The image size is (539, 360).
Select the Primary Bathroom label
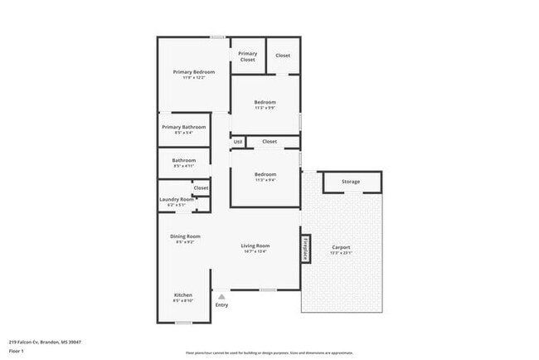click(183, 127)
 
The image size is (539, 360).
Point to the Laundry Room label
click(176, 199)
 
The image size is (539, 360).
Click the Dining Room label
click(185, 236)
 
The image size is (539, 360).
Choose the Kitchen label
click(182, 295)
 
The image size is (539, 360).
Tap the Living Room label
click(255, 246)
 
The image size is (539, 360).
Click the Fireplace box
click(305, 249)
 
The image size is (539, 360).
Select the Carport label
click(341, 247)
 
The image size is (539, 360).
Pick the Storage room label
click(351, 182)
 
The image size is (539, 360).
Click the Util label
click(237, 142)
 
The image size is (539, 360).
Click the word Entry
click(221, 304)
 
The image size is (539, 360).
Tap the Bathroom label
click(183, 160)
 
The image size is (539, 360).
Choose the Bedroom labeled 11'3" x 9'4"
click(265, 174)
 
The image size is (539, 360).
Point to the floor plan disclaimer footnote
click(269, 352)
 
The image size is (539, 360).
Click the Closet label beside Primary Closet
click(283, 55)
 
